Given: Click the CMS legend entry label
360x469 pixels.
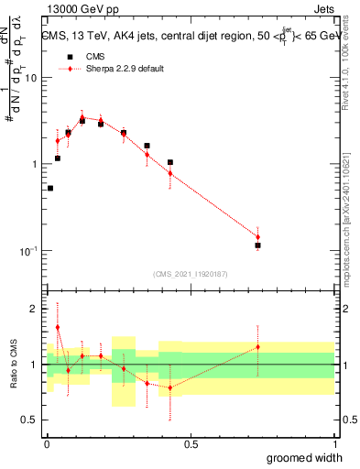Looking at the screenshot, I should (94, 57).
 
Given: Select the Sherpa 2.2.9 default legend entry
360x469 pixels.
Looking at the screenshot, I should (124, 69).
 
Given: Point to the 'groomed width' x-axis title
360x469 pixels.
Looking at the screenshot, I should (305, 457).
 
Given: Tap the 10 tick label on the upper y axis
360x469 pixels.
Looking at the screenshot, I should (33, 78).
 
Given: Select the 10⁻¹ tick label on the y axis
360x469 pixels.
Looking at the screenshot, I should (30, 251).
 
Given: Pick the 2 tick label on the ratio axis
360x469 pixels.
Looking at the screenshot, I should (37, 309).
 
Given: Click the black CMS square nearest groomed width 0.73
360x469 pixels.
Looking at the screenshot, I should (258, 245).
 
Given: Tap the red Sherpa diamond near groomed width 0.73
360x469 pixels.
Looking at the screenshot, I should (258, 237).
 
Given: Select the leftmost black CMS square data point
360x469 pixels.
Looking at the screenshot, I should (50, 189).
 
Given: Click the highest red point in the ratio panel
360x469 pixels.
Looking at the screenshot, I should (58, 327).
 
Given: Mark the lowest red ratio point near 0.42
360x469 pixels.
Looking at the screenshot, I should (169, 387).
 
